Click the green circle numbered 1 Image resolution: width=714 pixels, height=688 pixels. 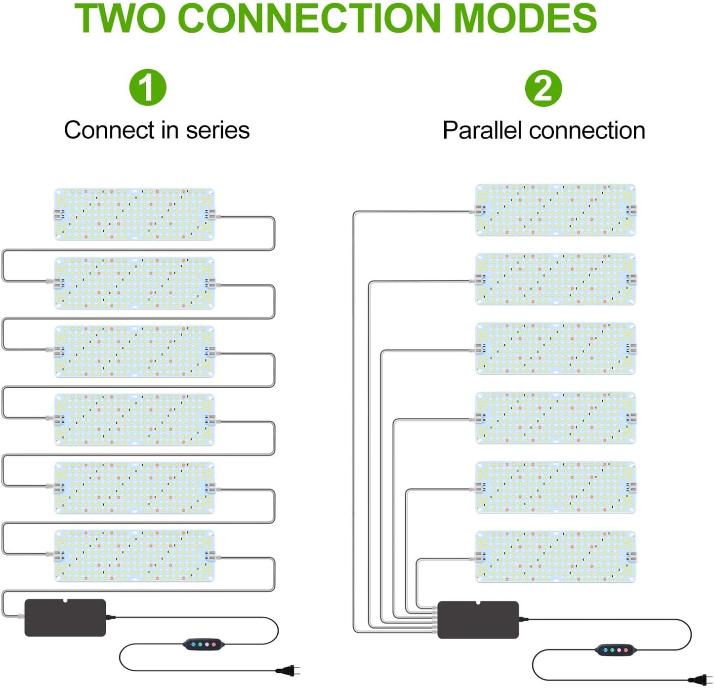click(148, 87)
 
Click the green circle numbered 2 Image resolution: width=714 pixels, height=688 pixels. click(543, 88)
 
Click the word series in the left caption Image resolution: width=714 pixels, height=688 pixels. click(217, 131)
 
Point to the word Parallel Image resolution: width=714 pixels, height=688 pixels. click(482, 131)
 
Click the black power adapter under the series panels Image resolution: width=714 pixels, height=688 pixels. click(65, 617)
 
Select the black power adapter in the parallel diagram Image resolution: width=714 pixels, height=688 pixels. click(478, 620)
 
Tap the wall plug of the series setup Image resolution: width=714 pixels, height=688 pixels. click(288, 670)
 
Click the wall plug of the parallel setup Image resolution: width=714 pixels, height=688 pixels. click(701, 680)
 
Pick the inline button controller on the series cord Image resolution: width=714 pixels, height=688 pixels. click(203, 644)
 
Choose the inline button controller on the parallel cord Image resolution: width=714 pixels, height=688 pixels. click(616, 649)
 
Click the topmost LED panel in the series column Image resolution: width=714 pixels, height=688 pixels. click(134, 214)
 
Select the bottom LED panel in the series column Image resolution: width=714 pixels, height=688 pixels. click(134, 556)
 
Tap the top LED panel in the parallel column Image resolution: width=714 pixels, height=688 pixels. click(555, 210)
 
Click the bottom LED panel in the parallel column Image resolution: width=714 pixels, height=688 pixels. click(555, 557)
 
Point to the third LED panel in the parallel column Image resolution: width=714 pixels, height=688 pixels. click(555, 349)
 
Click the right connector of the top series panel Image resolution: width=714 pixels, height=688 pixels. click(211, 214)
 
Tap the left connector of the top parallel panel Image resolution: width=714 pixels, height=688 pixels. click(479, 210)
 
